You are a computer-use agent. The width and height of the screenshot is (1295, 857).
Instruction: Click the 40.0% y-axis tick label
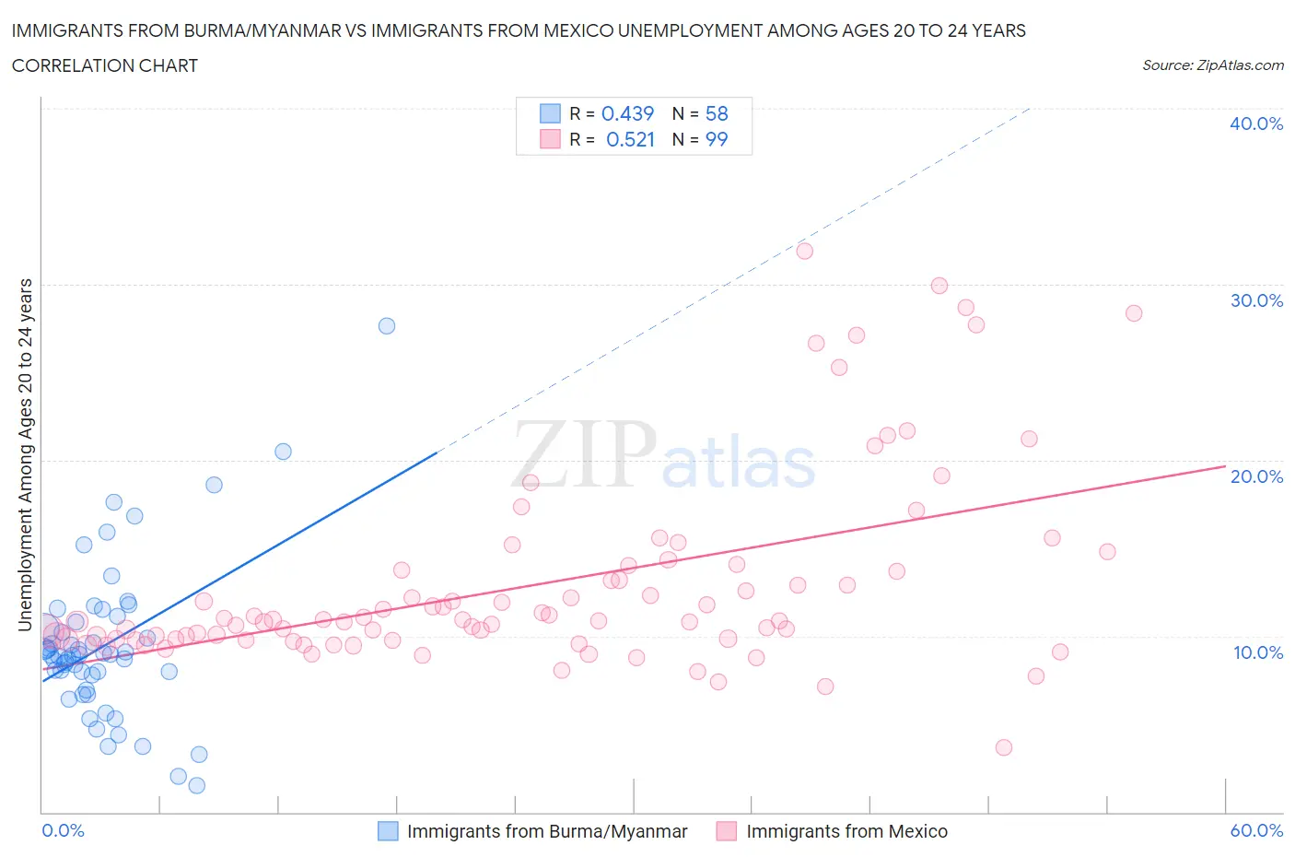tap(1255, 123)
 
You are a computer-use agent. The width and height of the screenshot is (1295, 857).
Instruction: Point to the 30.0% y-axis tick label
tap(1255, 300)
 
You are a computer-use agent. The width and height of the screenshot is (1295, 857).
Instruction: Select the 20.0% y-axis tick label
tap(1255, 476)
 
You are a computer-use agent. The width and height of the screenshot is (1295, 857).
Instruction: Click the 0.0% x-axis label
tap(63, 830)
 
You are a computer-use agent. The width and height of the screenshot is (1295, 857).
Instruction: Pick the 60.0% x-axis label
tap(1256, 830)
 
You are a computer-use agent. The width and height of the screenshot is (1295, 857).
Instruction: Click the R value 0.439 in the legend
tap(627, 113)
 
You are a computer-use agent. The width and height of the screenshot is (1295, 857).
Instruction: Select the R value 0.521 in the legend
tap(630, 139)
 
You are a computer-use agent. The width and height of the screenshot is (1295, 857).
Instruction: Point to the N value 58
tap(717, 113)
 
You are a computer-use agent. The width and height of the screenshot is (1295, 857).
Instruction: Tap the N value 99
tap(717, 139)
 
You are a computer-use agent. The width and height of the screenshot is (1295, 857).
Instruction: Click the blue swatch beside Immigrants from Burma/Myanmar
tap(388, 831)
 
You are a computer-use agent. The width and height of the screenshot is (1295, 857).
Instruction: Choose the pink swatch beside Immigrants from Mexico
tap(727, 831)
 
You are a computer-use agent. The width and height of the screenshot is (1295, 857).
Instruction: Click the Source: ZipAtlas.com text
tap(1212, 65)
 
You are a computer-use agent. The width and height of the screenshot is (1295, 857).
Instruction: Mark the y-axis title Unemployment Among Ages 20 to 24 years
tap(26, 455)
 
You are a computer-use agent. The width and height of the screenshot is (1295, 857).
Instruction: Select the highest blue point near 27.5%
tap(387, 325)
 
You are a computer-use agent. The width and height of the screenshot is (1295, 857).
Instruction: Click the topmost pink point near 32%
tap(804, 251)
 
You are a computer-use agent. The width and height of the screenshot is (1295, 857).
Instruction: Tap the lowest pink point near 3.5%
tap(1004, 747)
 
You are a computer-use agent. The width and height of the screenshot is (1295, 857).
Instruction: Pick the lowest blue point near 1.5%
tap(196, 785)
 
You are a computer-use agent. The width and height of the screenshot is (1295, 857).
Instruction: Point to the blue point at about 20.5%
tap(283, 452)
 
